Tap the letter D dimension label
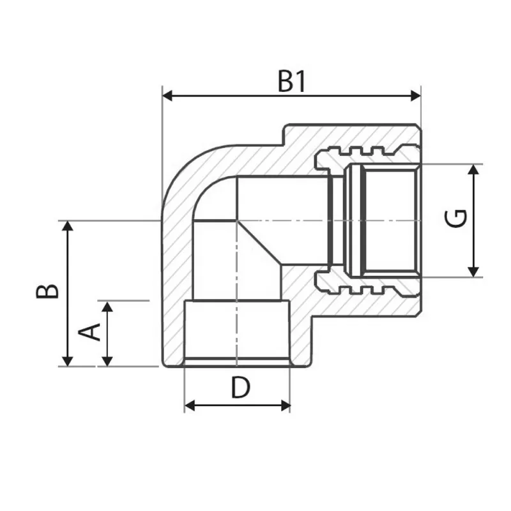[x=240, y=388]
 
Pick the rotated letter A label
[x=90, y=332]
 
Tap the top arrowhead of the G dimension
[x=473, y=169]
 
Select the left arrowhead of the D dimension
[x=189, y=405]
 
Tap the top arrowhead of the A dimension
[x=107, y=306]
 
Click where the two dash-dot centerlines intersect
[x=237, y=220]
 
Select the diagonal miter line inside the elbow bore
[x=259, y=243]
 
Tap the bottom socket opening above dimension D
[x=237, y=332]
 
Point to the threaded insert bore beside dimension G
[x=390, y=220]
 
